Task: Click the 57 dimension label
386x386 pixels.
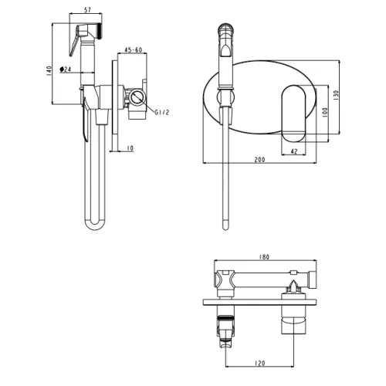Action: tap(88, 10)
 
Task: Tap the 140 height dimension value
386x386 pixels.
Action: tap(49, 71)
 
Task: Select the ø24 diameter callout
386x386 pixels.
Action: tap(66, 69)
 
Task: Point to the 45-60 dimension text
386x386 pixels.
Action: tap(134, 49)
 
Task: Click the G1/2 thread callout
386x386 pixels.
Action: tap(162, 113)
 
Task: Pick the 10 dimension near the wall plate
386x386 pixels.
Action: tap(130, 148)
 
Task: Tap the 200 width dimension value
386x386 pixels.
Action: tap(259, 160)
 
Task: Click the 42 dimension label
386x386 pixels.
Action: tap(294, 151)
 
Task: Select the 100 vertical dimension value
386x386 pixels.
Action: tap(325, 113)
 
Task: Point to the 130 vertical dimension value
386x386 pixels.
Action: tap(336, 95)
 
